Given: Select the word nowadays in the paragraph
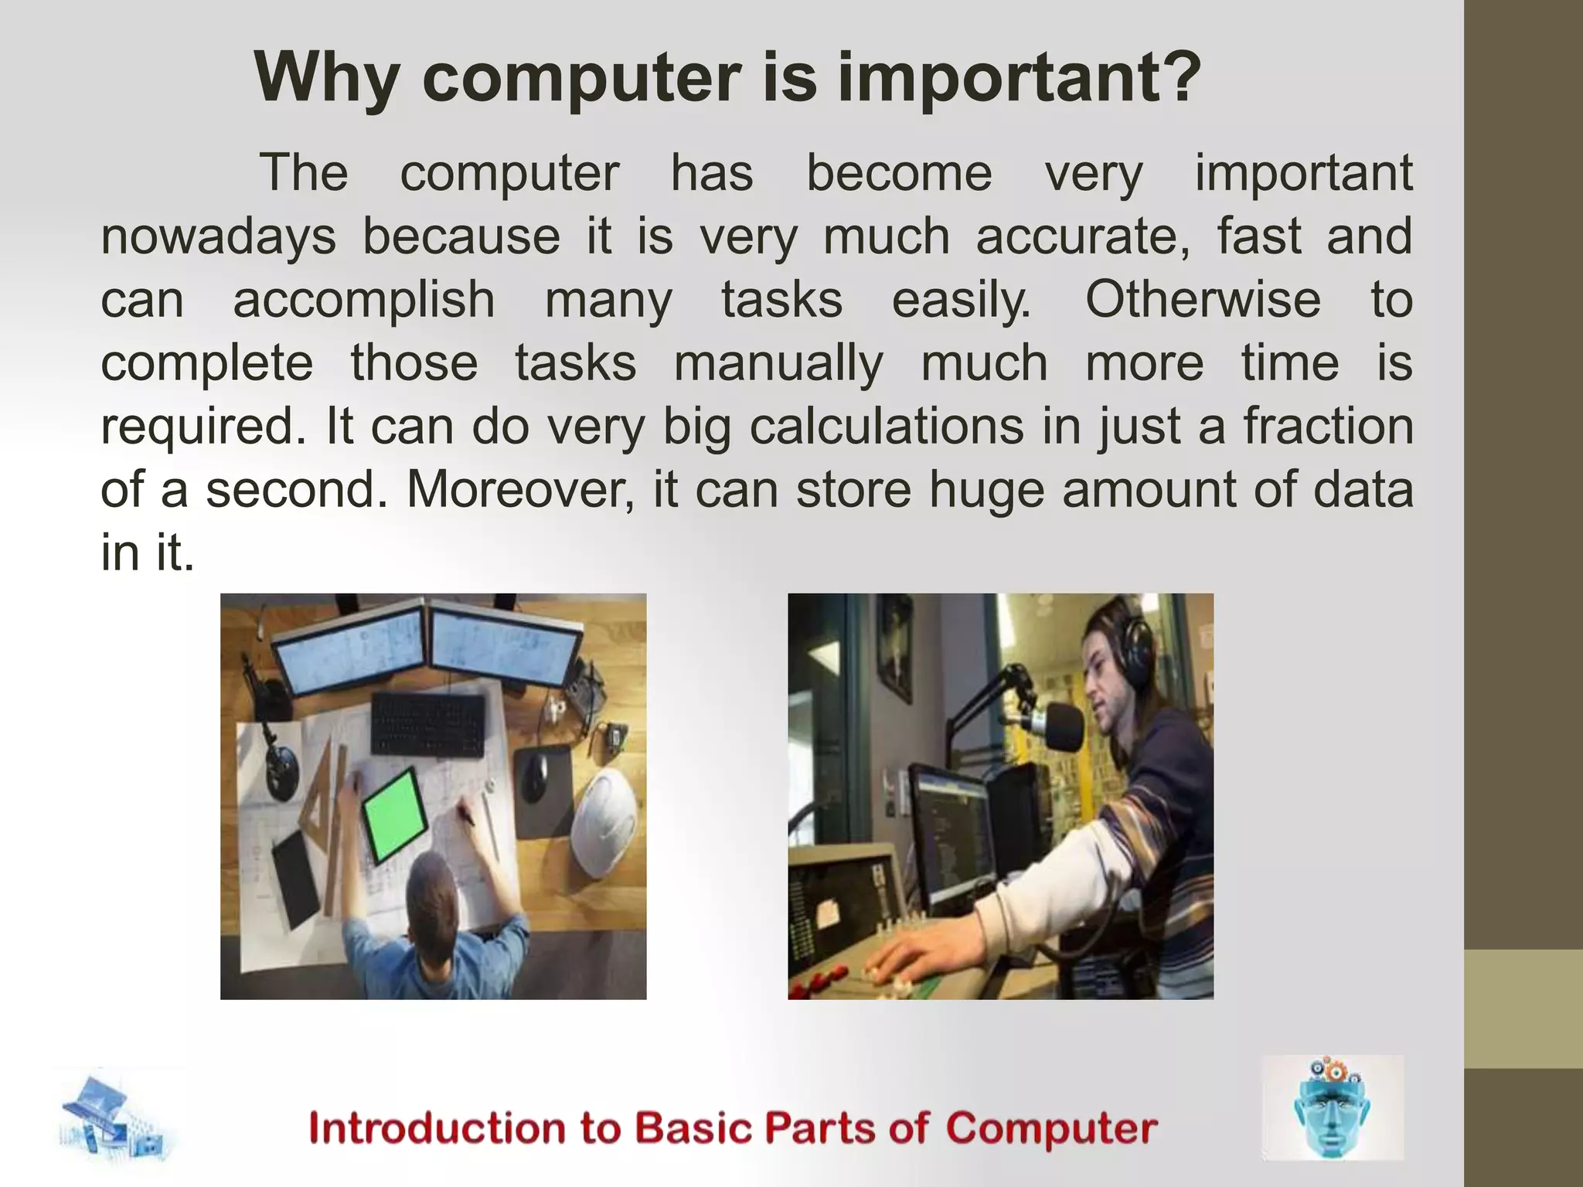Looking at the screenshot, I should pos(218,236).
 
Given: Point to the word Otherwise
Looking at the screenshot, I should pos(1203,300).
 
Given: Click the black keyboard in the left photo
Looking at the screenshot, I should pos(429,725).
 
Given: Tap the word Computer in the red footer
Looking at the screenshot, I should pos(1050,1128).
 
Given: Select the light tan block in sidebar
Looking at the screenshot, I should pos(1523,1008).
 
